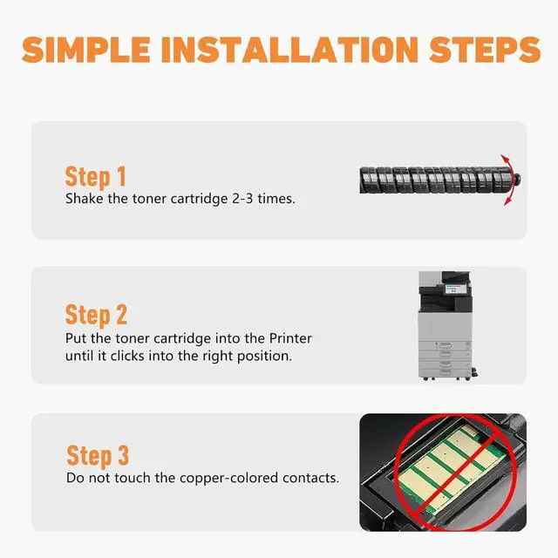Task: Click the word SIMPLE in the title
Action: click(86, 50)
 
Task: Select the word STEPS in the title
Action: click(485, 50)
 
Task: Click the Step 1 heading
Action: click(96, 177)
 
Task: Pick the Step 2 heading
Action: click(96, 316)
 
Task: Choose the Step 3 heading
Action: click(98, 456)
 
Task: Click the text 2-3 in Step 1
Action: click(242, 199)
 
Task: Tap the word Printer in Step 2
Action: click(290, 338)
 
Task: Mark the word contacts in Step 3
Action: click(310, 478)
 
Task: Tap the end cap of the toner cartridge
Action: click(517, 179)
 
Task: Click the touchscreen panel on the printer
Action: click(453, 289)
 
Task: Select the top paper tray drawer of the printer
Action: click(445, 346)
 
